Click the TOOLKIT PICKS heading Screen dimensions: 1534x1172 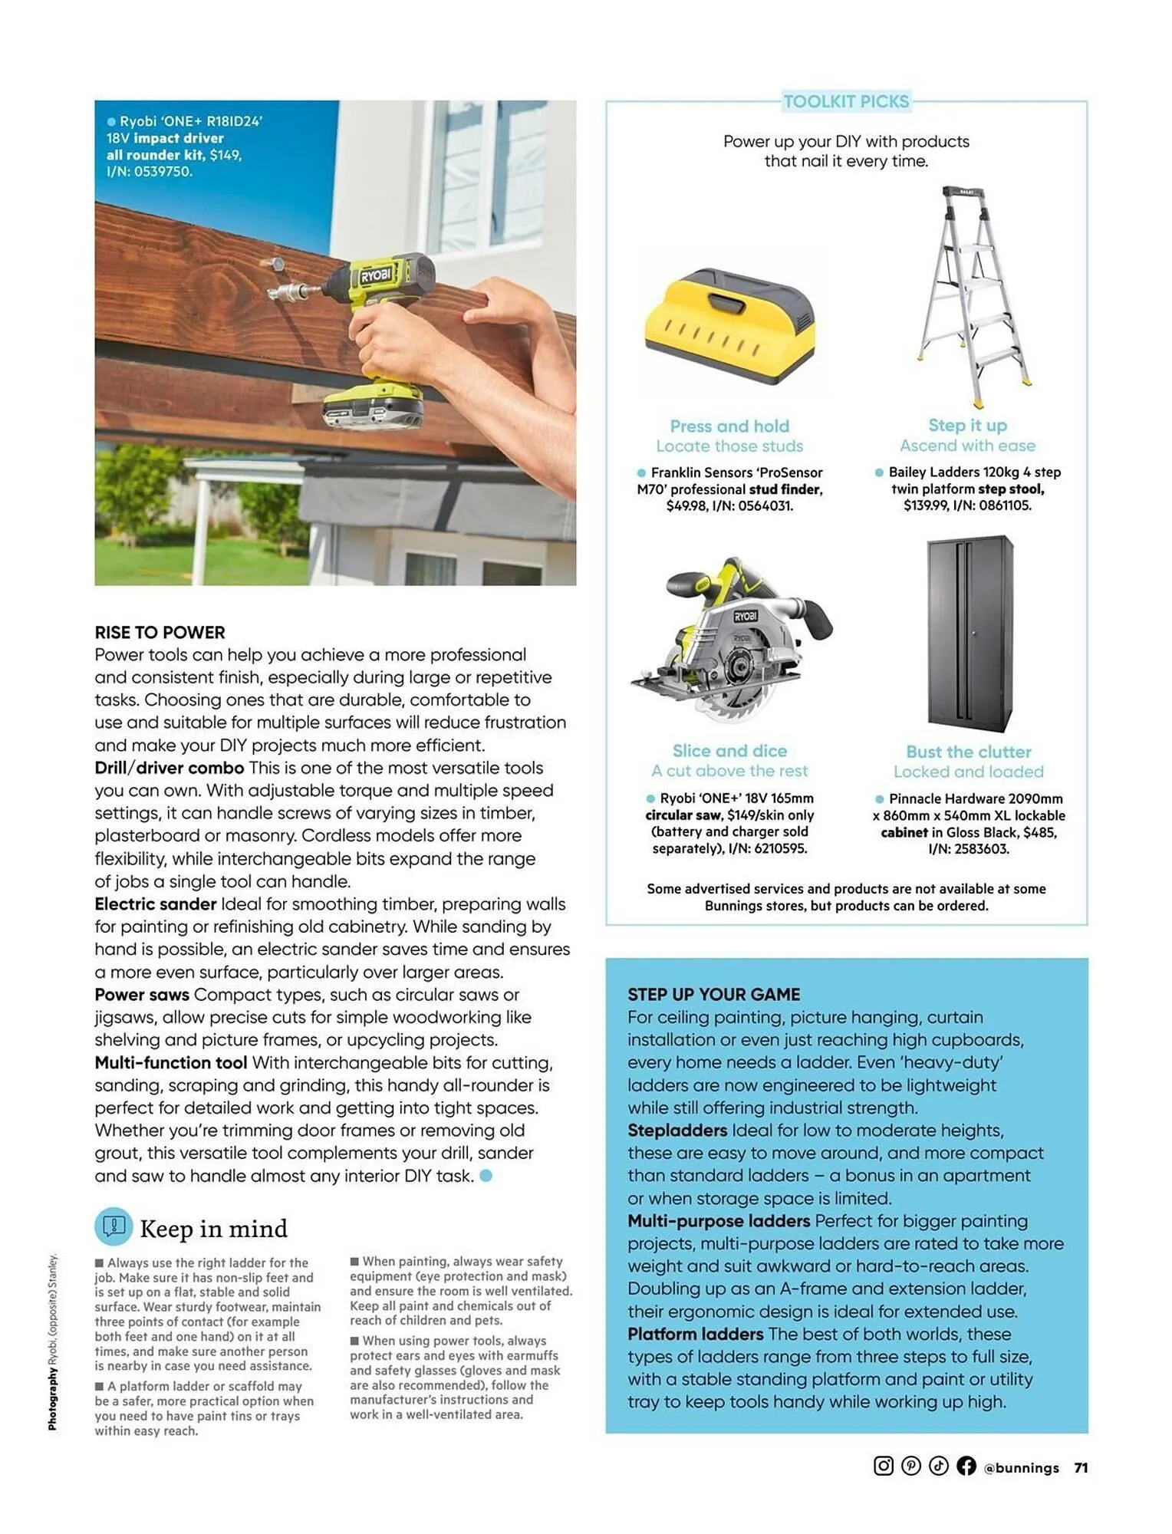[845, 101]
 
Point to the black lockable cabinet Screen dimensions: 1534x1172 [970, 634]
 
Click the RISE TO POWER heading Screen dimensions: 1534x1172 [160, 633]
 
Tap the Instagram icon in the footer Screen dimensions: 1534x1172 [883, 1466]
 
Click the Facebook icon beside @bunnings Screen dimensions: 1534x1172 [966, 1466]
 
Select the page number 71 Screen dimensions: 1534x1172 [1081, 1467]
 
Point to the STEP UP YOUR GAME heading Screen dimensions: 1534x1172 [713, 994]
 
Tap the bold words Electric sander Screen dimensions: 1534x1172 [155, 904]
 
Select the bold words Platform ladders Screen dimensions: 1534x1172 [695, 1334]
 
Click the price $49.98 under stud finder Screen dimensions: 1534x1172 [686, 506]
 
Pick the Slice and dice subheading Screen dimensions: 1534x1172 [729, 751]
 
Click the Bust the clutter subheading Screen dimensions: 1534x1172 [968, 752]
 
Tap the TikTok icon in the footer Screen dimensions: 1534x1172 [938, 1466]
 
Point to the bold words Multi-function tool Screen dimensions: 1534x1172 [170, 1062]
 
